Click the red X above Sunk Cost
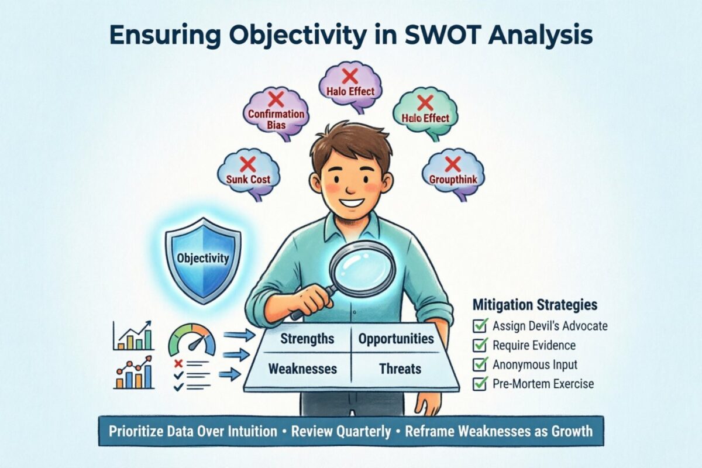248,163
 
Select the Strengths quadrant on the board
307,339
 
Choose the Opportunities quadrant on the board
395,339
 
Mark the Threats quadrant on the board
400,369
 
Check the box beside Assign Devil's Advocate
480,326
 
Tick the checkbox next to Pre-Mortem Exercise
480,384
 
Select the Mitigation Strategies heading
534,305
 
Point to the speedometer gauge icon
191,341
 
